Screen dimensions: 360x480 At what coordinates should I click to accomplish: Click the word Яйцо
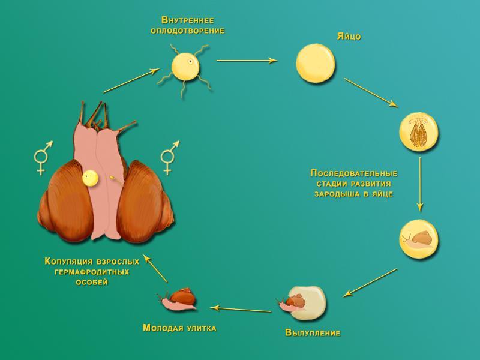tap(349, 37)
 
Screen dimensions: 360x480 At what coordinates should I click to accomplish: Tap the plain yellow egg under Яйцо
tap(316, 63)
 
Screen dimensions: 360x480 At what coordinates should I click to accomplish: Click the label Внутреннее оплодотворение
tap(188, 25)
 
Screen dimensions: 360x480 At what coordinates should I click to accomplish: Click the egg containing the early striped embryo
tap(419, 131)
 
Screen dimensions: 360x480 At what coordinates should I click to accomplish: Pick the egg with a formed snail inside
tap(419, 239)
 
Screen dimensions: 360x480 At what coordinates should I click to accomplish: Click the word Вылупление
tap(313, 332)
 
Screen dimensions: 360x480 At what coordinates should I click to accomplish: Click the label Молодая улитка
tap(179, 328)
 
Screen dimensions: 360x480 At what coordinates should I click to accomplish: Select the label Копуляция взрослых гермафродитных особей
tap(92, 272)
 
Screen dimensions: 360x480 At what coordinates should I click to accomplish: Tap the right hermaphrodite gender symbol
tap(169, 157)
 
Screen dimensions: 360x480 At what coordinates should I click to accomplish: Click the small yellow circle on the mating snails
tap(90, 178)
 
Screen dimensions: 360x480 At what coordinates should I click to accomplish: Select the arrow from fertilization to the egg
tap(246, 61)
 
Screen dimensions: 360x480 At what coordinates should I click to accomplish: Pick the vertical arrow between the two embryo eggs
tap(420, 184)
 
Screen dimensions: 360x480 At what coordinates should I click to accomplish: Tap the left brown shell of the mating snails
tap(66, 201)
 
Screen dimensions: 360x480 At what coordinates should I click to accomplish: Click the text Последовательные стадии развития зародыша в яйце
tap(353, 184)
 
